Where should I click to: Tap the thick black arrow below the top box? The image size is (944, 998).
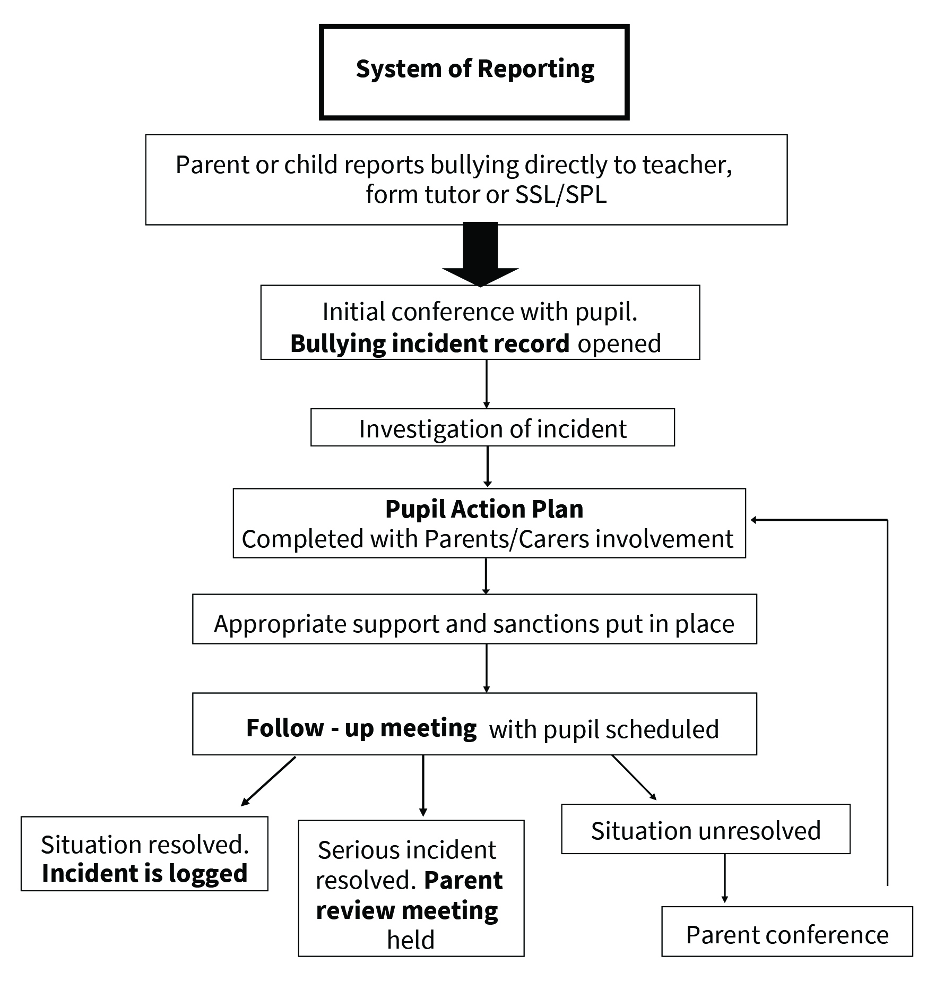480,254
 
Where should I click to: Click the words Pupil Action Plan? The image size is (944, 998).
484,509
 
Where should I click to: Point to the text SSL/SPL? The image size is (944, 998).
561,195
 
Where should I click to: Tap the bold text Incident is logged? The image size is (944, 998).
145,874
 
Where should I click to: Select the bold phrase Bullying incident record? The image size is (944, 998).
430,343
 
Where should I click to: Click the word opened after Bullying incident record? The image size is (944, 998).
619,344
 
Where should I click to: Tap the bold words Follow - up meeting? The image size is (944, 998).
361,728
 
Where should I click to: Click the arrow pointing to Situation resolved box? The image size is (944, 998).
268,781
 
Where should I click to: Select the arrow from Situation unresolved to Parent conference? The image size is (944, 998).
724,879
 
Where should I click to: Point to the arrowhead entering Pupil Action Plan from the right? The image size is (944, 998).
754,520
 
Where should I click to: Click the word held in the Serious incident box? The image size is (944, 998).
411,939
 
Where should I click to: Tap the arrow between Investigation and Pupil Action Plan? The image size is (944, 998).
487,467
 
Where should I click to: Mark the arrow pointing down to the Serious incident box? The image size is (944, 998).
423,786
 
